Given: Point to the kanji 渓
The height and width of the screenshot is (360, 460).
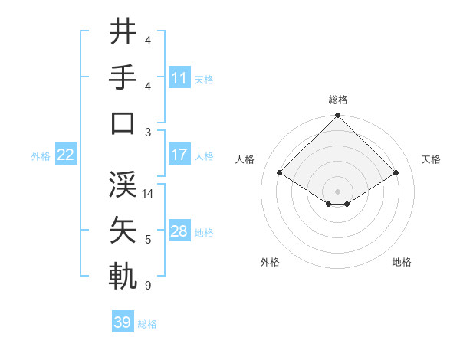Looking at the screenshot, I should pos(123,185).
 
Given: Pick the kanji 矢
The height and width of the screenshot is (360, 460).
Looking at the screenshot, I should pos(123,231).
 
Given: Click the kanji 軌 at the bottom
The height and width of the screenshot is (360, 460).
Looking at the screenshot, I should pos(123,277).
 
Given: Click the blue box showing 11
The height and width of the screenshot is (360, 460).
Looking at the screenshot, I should pos(179,77).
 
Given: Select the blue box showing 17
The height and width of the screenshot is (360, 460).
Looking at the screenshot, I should pos(179,155).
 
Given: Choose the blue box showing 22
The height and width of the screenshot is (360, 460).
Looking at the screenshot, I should pos(66,155).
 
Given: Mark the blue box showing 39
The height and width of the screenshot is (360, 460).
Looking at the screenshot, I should pos(123,322).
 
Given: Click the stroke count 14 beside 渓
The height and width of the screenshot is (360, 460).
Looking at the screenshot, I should pos(149,194).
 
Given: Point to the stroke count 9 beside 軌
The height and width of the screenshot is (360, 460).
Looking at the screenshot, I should pos(148,286).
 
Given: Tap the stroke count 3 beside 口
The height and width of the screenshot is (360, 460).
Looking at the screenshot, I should pos(148,132).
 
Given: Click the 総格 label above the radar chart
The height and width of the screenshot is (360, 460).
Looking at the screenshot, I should pos(337,100).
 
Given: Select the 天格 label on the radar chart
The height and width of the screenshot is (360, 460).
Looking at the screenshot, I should pos(432,159).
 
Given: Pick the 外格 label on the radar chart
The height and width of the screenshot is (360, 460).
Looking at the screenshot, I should pos(270,262).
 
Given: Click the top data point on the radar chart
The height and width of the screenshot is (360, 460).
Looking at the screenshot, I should pos(337,117).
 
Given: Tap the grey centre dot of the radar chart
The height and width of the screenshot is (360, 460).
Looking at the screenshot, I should pos(337,191).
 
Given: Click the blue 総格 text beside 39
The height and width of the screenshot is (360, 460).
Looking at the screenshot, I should pos(147,324).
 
